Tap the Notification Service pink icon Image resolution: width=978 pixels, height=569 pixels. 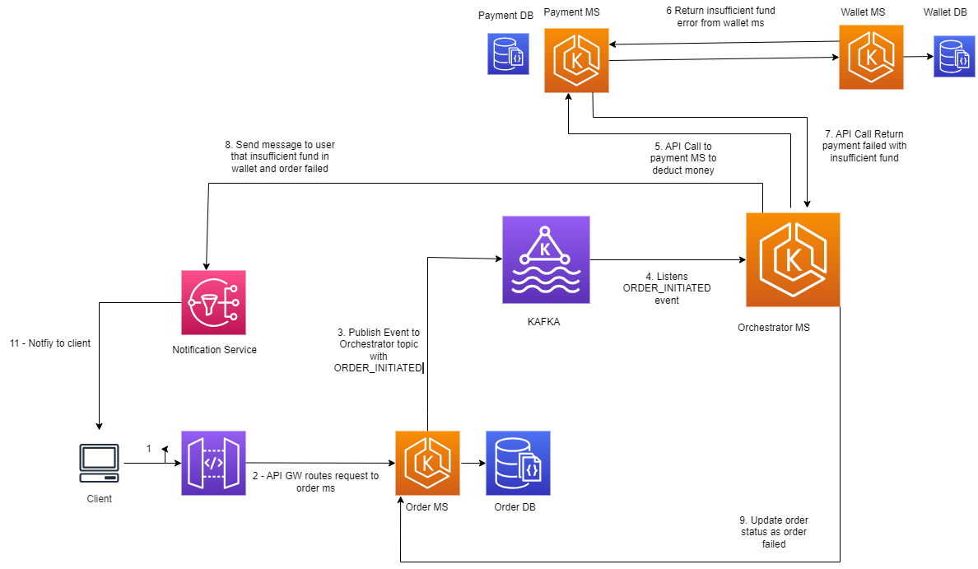pos(213,302)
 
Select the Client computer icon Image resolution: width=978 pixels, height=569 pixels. pos(99,463)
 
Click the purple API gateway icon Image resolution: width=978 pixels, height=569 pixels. pos(213,463)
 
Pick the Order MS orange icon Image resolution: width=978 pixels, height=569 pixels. pos(427,463)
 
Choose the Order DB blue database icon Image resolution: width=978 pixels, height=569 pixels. pos(518,463)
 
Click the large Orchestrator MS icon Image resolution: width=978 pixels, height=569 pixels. pos(793,259)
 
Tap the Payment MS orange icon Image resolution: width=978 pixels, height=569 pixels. pos(576,60)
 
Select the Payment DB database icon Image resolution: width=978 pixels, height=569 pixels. pos(507,54)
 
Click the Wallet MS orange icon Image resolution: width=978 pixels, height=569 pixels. pos(871,57)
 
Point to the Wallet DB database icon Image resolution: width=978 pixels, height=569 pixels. pos(953,57)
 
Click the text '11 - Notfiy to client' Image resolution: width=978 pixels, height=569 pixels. pos(49,343)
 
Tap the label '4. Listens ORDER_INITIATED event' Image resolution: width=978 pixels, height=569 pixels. pos(667,288)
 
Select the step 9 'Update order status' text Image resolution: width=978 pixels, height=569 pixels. pos(773,532)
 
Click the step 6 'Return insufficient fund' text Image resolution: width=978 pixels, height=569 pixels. pos(720,17)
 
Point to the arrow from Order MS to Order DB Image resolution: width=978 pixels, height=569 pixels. pos(473,463)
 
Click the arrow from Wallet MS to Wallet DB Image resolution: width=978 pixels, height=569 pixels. pos(918,57)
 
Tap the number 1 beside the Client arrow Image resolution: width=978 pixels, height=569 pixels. pos(149,449)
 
